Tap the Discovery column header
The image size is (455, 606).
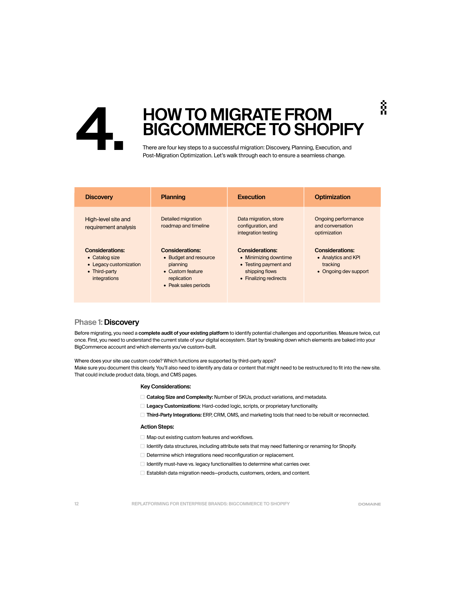[99, 197]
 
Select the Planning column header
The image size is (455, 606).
[173, 197]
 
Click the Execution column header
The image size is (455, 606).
[251, 197]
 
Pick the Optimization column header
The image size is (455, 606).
[332, 197]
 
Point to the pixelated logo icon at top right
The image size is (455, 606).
[384, 107]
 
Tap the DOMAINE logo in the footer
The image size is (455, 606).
[369, 504]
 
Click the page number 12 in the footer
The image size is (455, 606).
[76, 504]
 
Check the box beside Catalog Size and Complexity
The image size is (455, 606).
[143, 397]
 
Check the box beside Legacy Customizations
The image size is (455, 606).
[143, 406]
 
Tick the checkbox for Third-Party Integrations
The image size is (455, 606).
[143, 415]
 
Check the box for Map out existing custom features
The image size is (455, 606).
[143, 437]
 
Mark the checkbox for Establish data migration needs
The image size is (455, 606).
[143, 473]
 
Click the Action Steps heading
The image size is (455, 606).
[157, 427]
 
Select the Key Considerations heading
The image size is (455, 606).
[166, 387]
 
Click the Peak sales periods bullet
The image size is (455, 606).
[189, 285]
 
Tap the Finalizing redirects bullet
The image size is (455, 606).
[265, 278]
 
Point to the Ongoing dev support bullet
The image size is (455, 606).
[345, 271]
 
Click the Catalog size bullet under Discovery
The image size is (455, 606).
[106, 258]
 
